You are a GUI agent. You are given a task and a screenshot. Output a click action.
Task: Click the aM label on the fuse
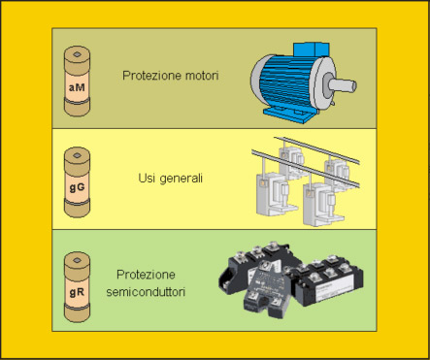coord(77,87)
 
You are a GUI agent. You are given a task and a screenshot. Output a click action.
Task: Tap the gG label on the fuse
coord(77,187)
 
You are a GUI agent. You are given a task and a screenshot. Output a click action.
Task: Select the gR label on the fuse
coord(77,292)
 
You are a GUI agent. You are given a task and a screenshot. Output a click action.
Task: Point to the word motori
coord(202,76)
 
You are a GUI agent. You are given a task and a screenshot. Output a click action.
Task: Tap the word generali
coord(182,179)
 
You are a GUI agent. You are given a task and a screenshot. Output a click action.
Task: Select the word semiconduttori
coord(146,292)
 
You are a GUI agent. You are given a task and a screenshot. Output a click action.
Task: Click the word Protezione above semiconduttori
coord(146,275)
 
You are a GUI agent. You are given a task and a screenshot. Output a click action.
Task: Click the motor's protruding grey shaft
coord(343,85)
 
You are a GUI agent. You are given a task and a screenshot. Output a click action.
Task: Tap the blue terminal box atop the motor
coord(311,49)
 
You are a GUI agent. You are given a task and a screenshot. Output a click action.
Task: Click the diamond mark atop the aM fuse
coord(77,54)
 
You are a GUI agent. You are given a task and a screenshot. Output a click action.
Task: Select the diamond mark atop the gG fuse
coord(77,155)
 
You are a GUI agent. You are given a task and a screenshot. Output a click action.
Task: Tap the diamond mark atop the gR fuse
coord(77,260)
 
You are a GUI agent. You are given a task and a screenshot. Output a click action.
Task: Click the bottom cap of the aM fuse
coord(77,110)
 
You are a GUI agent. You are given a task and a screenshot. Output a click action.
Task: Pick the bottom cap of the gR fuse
coord(77,313)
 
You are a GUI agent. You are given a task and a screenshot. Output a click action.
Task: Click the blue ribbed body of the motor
coord(288,82)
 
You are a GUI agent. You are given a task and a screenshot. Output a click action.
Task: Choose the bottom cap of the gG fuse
coord(77,210)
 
